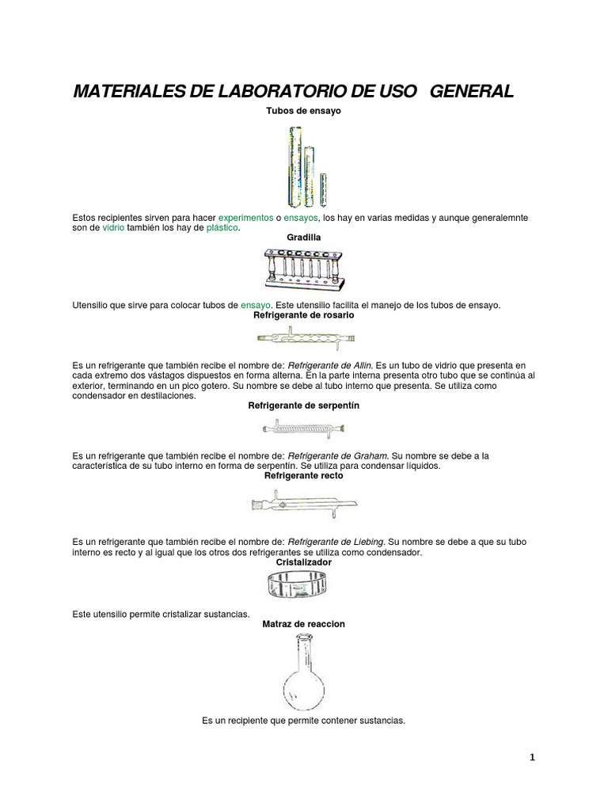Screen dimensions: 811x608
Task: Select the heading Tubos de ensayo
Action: (303, 112)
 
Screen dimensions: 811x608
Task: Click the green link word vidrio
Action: (114, 227)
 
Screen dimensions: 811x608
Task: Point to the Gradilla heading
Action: (303, 237)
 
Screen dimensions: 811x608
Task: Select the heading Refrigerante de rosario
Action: (303, 314)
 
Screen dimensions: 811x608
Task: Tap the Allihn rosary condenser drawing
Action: (304, 338)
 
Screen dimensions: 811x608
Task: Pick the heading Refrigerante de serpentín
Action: (303, 405)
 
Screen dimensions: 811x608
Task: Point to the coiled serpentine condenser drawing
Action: (304, 428)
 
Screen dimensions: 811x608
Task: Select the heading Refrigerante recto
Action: (303, 476)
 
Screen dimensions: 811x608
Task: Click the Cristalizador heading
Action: (303, 562)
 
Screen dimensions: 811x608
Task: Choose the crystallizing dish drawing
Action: (304, 587)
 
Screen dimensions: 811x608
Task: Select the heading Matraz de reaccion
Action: (303, 624)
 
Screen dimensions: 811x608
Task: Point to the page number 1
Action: (533, 757)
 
